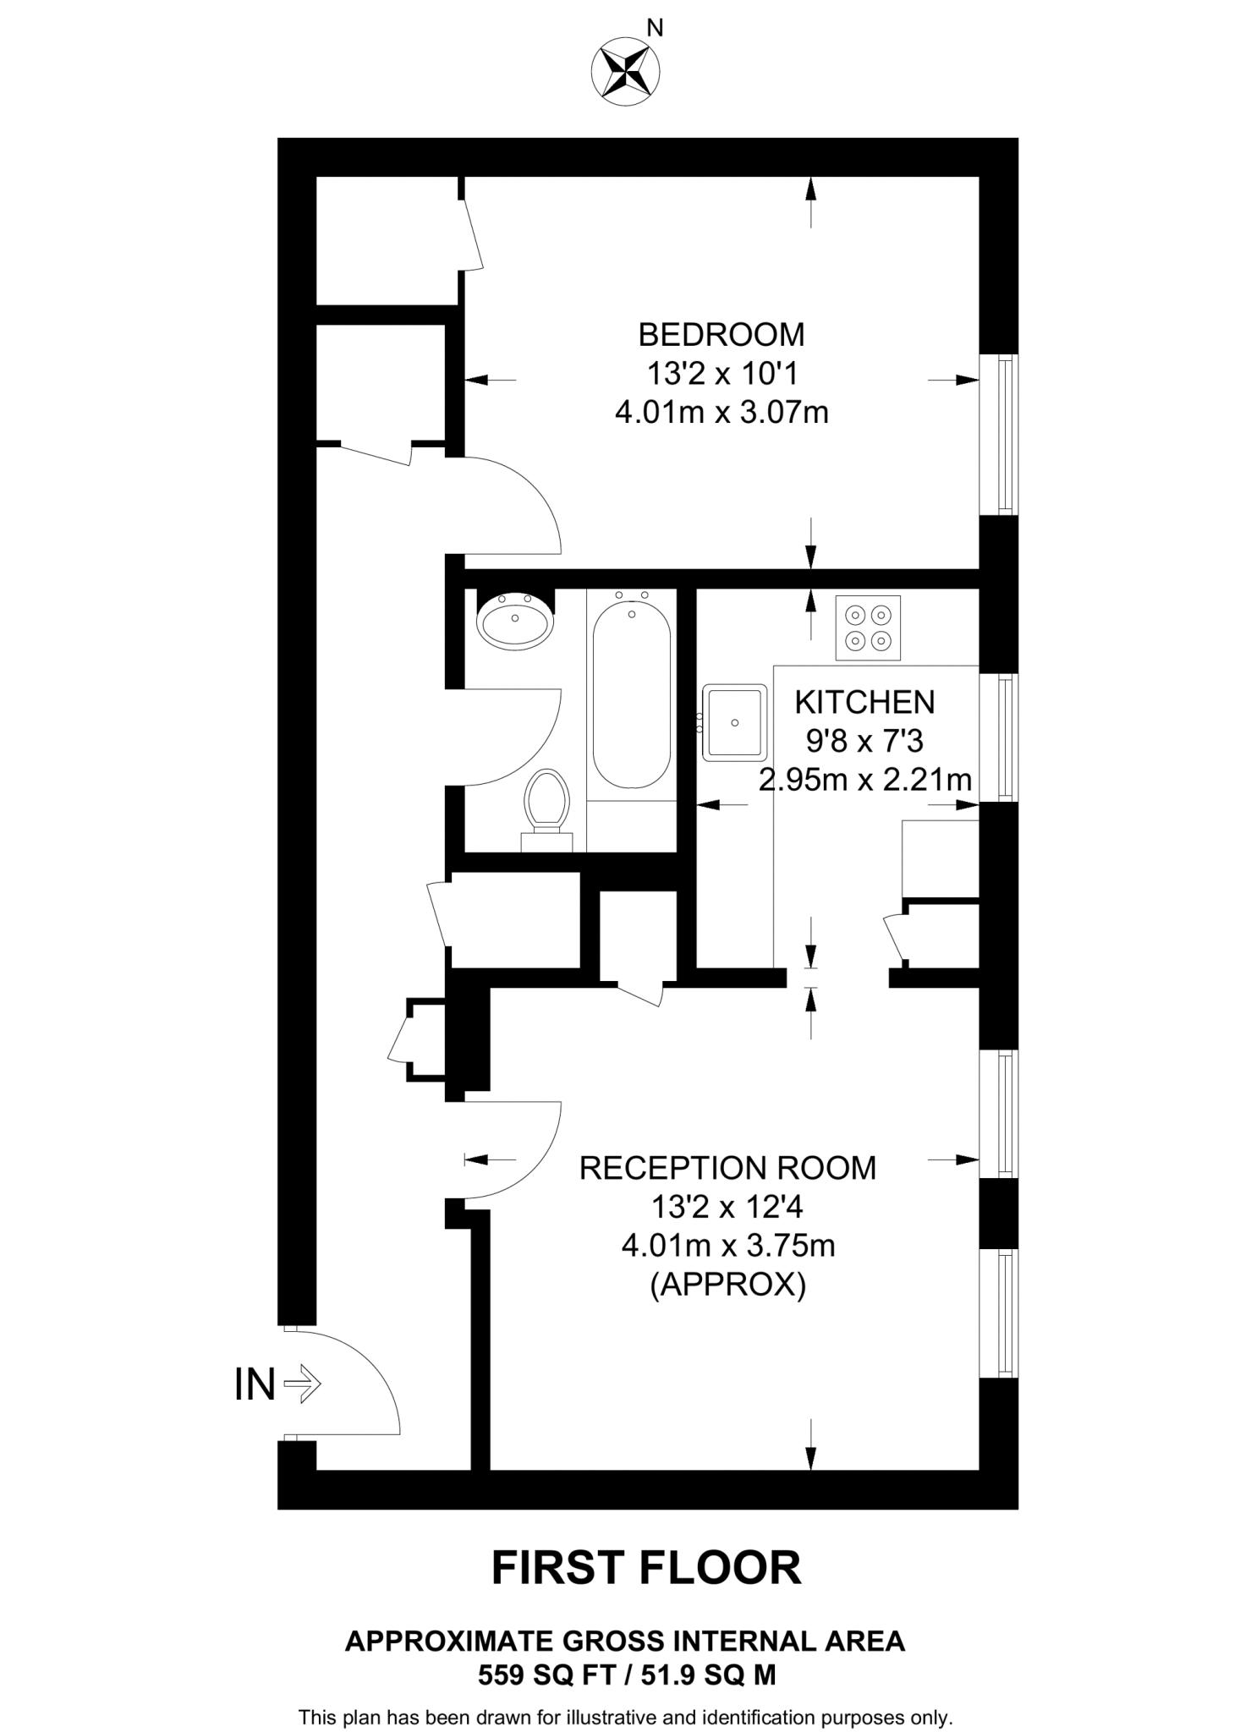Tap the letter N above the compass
(656, 29)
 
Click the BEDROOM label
(721, 335)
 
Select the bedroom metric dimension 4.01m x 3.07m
(721, 414)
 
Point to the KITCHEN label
(864, 702)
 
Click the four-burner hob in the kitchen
(868, 628)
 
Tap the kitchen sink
(735, 722)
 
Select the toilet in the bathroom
(546, 803)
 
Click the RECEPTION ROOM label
(727, 1168)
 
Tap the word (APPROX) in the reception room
(727, 1285)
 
